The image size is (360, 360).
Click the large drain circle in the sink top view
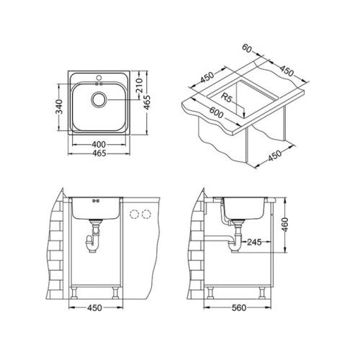click(x=99, y=99)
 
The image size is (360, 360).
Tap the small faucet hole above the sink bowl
click(x=99, y=78)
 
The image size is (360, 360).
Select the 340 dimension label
click(x=59, y=107)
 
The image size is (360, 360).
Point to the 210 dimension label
click(x=139, y=86)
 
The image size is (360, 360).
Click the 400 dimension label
click(x=99, y=145)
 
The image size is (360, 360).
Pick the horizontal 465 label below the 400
click(x=99, y=153)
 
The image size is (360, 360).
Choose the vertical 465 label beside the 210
click(x=147, y=102)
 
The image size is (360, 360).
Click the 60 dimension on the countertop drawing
click(x=247, y=48)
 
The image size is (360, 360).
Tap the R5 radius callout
click(x=226, y=98)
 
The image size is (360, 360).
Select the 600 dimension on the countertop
click(x=216, y=112)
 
